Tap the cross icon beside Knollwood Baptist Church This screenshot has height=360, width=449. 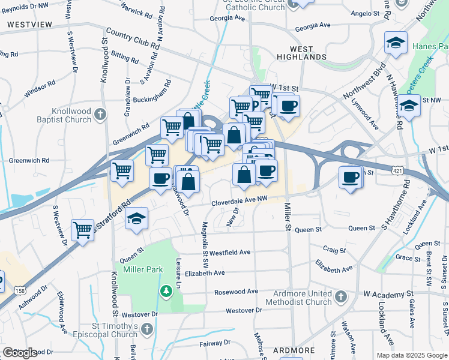pos(101,113)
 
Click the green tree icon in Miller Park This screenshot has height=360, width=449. pos(166,291)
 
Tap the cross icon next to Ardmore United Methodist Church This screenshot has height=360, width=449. pos(341,296)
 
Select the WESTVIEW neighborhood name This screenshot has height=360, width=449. pos(29,25)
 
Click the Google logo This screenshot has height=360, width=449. pos(20,353)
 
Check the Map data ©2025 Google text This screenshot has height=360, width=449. pos(412,355)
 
